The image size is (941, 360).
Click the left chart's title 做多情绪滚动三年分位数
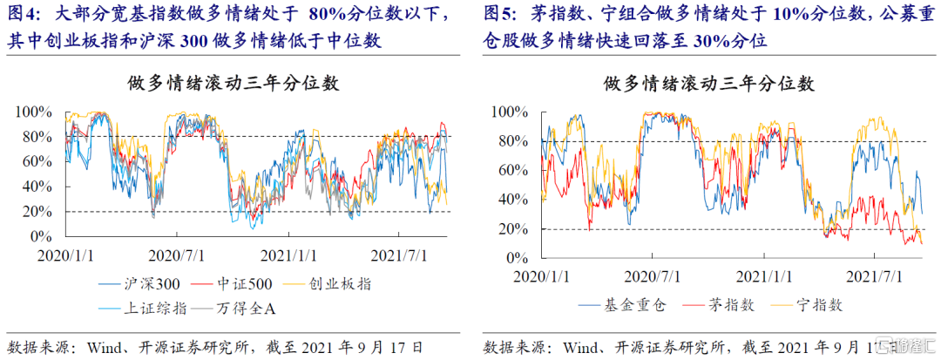pyautogui.click(x=234, y=84)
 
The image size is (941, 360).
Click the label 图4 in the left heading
pyautogui.click(x=23, y=15)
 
